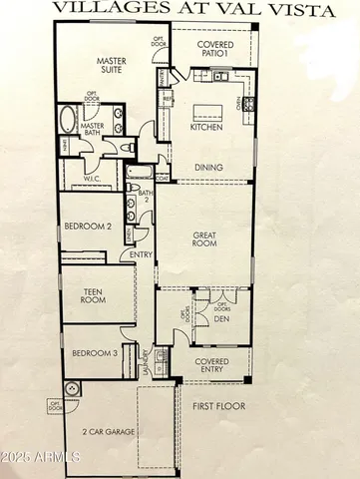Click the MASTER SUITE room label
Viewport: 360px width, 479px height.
coord(116,66)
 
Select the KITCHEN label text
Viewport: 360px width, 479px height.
coord(205,128)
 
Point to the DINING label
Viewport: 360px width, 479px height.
coord(207,167)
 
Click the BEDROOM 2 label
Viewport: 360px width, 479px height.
coord(88,226)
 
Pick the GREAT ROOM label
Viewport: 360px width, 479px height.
coord(205,240)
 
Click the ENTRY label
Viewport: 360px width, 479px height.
coord(142,254)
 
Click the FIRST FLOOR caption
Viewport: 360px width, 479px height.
coord(219,407)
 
